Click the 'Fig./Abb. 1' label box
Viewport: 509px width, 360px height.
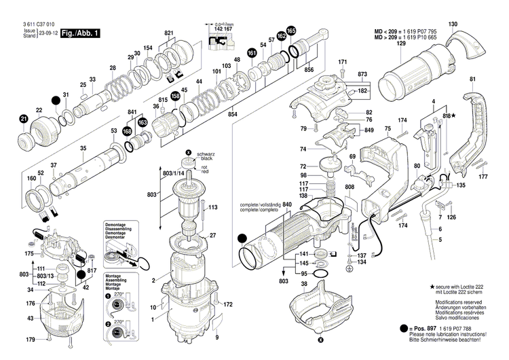[79, 33]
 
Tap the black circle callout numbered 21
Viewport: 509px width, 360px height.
[24, 120]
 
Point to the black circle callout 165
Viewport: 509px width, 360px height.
[291, 31]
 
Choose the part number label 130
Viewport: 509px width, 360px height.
[453, 24]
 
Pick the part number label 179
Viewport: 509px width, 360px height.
[30, 340]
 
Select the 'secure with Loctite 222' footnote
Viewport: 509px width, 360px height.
[464, 288]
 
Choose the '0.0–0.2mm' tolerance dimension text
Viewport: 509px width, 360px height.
[219, 22]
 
